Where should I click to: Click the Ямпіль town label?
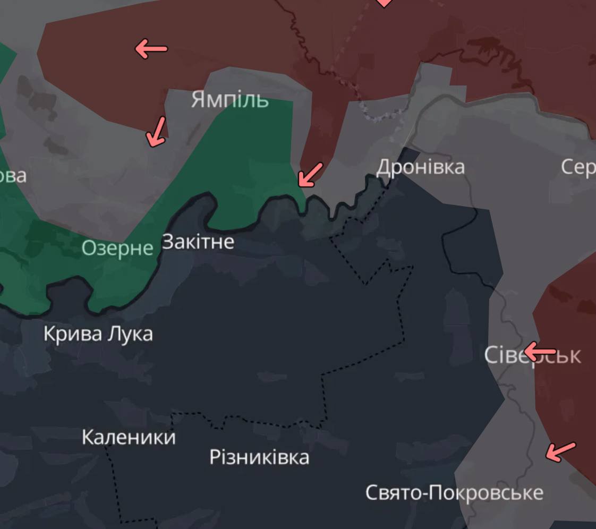229,99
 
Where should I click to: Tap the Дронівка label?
420,167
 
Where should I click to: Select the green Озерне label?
117,248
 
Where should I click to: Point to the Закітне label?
198,242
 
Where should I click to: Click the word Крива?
66,334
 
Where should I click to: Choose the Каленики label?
129,437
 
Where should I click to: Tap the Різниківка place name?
259,457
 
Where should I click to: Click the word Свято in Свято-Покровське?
392,492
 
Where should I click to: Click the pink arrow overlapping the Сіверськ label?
539,352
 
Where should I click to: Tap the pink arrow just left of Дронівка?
310,175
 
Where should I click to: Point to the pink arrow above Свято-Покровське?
560,451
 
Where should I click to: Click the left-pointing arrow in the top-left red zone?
151,49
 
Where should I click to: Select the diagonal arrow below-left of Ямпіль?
156,132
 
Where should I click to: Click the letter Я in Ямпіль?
198,99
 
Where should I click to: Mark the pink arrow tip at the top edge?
384,3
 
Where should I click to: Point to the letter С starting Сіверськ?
491,355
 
